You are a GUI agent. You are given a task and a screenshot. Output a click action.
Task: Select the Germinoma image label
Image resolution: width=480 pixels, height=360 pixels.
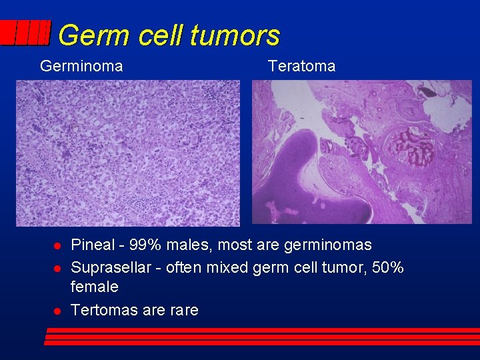point(81,66)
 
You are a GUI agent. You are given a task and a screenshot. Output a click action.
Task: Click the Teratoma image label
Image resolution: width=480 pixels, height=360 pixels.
point(301,66)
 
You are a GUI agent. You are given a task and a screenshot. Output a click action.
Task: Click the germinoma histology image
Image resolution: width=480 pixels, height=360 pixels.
point(128,153)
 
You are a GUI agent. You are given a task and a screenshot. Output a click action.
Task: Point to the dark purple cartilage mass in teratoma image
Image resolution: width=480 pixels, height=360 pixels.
point(313,180)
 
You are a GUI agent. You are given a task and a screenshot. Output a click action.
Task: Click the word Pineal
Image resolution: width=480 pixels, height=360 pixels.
point(93,245)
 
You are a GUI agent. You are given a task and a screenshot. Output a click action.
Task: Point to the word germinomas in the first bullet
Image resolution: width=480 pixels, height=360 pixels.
point(327,245)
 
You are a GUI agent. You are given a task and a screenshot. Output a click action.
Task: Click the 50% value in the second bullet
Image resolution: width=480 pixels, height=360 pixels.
point(387,267)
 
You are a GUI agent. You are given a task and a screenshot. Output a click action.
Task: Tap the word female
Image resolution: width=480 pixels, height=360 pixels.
point(94,287)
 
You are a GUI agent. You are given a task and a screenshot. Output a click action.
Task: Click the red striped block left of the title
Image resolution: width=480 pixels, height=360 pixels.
point(25,33)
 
